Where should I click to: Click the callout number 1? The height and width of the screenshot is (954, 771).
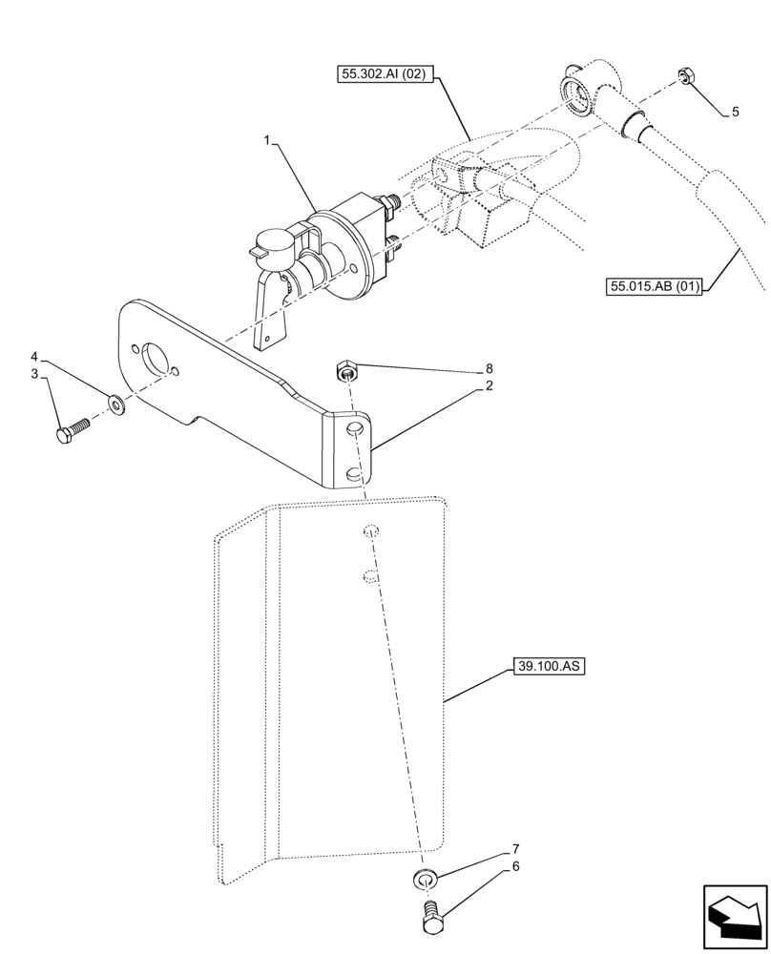(x=270, y=141)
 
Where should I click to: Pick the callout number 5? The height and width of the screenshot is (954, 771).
(x=735, y=113)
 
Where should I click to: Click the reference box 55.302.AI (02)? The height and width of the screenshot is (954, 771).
(x=386, y=72)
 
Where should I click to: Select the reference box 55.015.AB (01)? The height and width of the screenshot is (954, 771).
(x=654, y=285)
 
